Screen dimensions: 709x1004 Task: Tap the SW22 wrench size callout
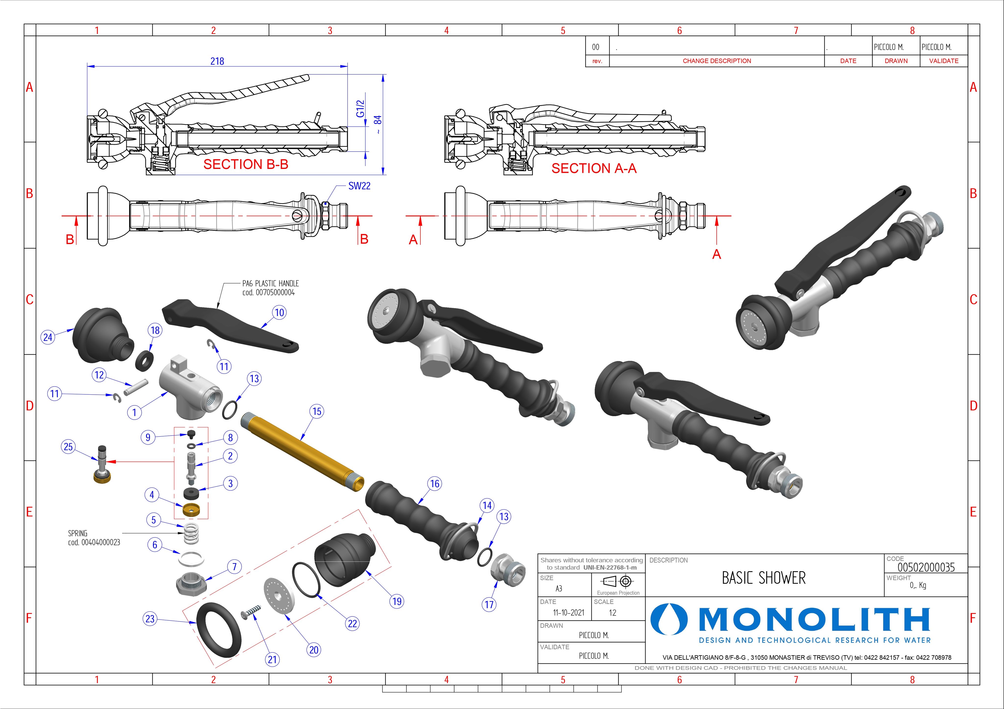coord(359,186)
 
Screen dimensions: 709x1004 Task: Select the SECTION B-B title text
coord(246,165)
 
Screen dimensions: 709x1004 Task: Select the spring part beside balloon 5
coord(191,533)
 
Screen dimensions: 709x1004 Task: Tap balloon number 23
coord(150,619)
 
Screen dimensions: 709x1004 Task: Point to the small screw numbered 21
coord(251,612)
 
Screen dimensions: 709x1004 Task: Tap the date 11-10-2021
coord(568,613)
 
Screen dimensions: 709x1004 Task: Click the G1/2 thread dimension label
coord(360,109)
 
